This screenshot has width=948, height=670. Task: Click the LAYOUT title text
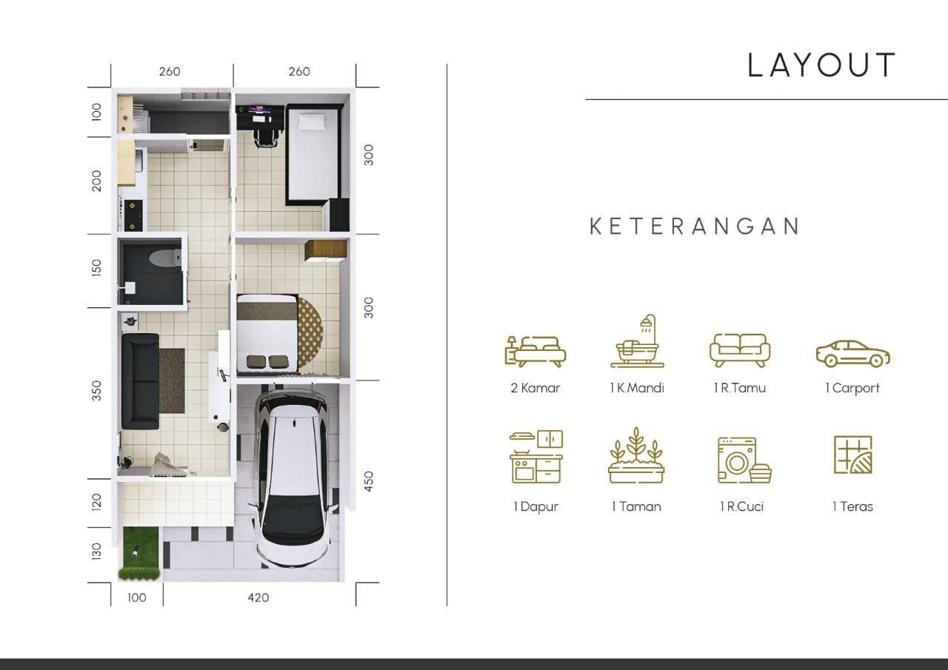point(821,65)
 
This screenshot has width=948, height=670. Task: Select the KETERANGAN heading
point(695,227)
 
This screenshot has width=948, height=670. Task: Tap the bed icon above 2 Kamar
point(535,350)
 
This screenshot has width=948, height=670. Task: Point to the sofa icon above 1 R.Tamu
point(739,349)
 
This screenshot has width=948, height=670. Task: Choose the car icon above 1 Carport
point(852,354)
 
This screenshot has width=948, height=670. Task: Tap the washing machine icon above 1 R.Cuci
point(744,460)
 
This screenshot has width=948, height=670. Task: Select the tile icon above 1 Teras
point(852,455)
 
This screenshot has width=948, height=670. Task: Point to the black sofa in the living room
point(140,381)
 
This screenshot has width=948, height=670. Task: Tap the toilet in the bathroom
point(163,258)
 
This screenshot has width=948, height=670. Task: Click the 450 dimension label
point(369,480)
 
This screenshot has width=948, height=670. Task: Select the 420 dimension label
point(258,597)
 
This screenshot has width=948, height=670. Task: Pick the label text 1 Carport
point(852,388)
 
